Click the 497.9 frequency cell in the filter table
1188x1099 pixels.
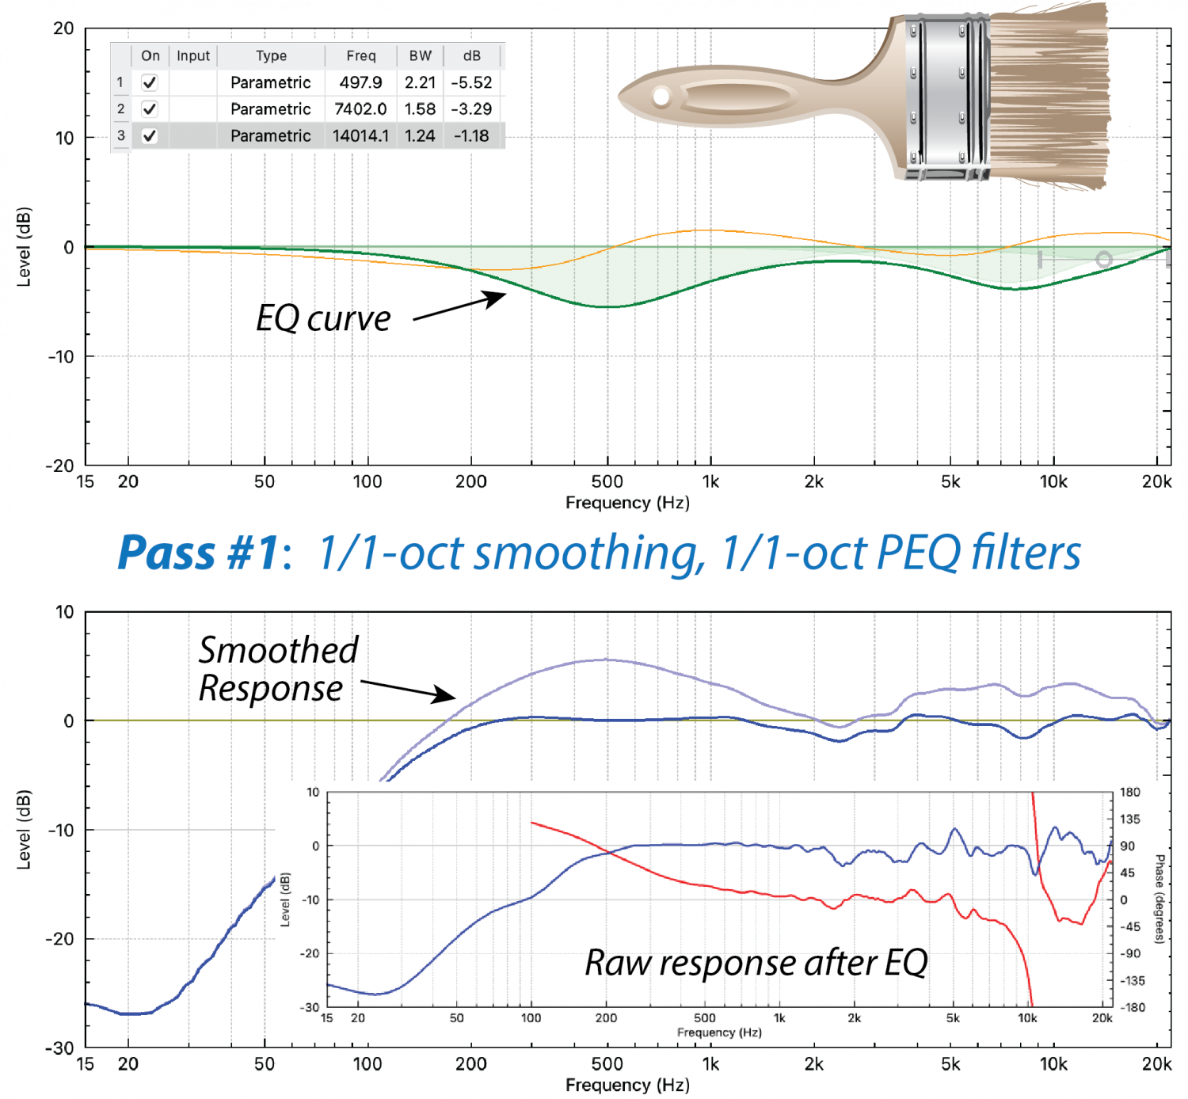click(360, 82)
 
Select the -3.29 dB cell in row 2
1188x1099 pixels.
click(471, 109)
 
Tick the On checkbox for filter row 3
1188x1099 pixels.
click(149, 136)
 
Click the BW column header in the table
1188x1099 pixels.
click(420, 56)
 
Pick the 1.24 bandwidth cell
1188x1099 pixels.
click(420, 136)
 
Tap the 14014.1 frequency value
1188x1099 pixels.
click(360, 136)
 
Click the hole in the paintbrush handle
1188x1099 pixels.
click(661, 97)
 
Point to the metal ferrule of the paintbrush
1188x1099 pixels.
click(946, 95)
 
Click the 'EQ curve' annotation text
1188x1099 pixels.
click(323, 318)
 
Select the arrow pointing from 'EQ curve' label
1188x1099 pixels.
click(459, 307)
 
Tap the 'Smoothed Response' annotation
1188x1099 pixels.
click(277, 669)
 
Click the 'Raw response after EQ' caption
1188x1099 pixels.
click(756, 963)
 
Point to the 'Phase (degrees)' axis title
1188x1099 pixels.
click(1159, 899)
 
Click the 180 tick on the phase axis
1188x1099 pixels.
click(1130, 793)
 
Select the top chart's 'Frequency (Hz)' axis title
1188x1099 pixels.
click(627, 503)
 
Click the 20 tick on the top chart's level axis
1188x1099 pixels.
click(63, 29)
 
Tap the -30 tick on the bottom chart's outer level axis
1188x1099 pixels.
click(59, 1048)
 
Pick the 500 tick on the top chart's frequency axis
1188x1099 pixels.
click(607, 481)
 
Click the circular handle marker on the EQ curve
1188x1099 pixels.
click(1103, 259)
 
